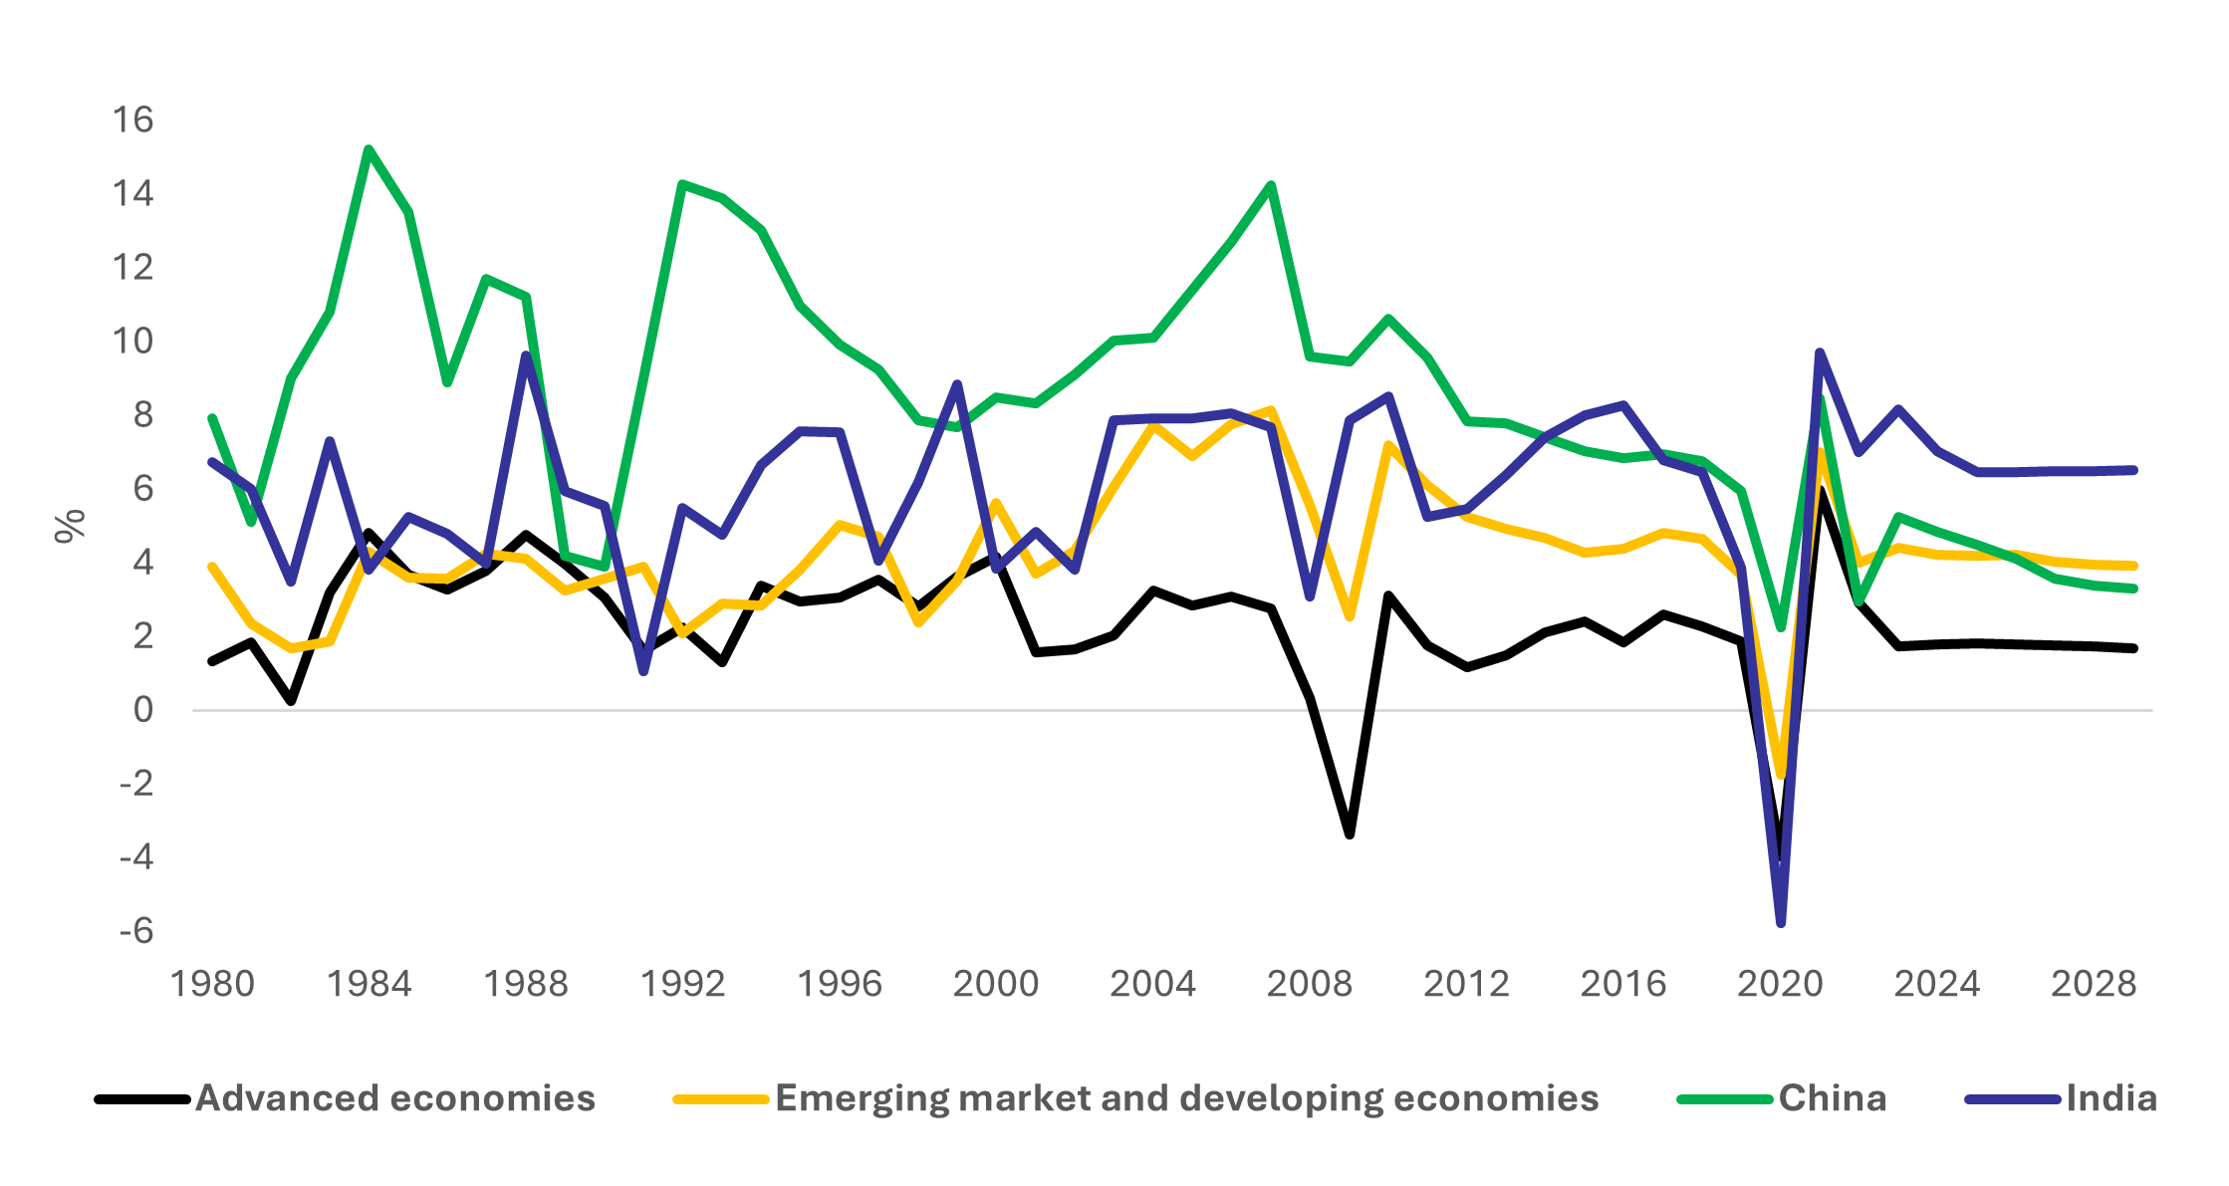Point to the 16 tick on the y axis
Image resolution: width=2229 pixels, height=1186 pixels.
pos(132,120)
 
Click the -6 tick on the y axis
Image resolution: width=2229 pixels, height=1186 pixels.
pos(136,931)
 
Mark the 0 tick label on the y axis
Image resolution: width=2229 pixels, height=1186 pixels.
pos(143,710)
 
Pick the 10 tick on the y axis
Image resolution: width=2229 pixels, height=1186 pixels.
pos(132,342)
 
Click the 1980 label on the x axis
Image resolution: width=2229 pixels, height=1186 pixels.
pos(212,984)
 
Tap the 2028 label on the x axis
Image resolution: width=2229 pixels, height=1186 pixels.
pos(2094,984)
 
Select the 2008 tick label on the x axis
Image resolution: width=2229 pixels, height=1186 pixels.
pos(1310,984)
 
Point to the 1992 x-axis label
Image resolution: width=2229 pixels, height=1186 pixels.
pos(682,984)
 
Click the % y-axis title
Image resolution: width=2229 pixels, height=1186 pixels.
pos(71,526)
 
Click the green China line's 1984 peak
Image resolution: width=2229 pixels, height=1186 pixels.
pos(369,149)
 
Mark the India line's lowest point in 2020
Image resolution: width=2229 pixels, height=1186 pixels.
pos(1781,923)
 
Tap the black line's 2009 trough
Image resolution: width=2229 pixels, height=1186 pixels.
pos(1350,834)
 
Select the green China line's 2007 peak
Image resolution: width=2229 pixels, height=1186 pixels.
pos(1271,185)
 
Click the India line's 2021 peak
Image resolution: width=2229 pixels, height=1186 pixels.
pos(1820,353)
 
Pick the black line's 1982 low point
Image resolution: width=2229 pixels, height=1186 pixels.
pos(291,701)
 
